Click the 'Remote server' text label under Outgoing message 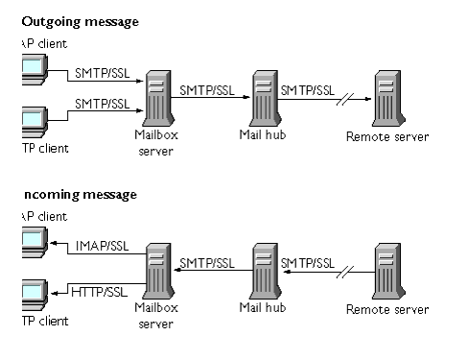(387, 137)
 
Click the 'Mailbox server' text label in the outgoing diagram (156, 141)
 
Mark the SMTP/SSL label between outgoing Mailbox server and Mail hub (205, 90)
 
